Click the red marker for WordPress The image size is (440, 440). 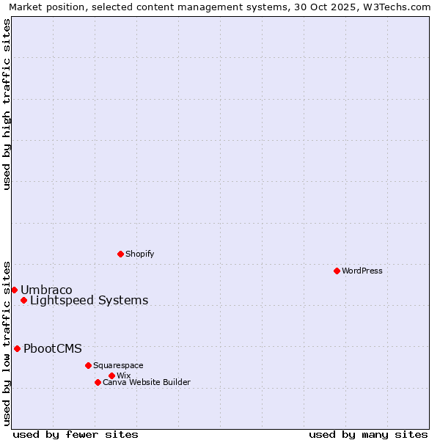[337, 271]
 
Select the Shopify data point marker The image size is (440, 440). [120, 254]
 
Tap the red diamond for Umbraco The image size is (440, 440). [14, 290]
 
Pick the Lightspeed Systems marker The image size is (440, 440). [23, 300]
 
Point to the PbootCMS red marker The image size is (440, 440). [17, 348]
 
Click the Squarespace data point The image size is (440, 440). [88, 365]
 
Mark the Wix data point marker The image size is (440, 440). [111, 375]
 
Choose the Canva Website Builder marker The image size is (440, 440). [98, 382]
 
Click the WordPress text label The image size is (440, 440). [362, 271]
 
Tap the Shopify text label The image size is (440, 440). [139, 254]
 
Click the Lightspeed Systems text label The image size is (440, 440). [89, 300]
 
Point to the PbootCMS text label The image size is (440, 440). [53, 348]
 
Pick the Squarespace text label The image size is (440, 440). [118, 365]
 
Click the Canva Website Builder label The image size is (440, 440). [147, 382]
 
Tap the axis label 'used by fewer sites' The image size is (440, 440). [76, 434]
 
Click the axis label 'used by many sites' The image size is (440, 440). [368, 434]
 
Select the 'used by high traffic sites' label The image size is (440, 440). [7, 104]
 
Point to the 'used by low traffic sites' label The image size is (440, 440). [7, 342]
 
